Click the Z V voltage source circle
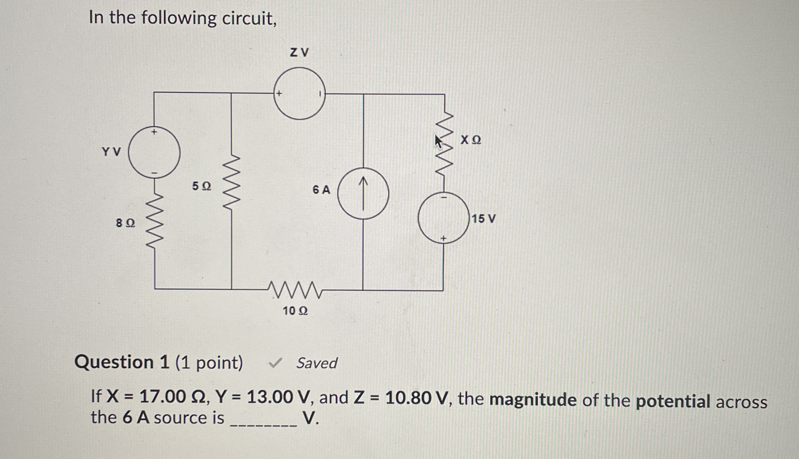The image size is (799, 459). click(x=299, y=94)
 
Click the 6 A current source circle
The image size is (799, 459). click(x=363, y=194)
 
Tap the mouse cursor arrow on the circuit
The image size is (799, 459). click(x=438, y=141)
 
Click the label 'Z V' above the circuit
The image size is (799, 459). click(x=299, y=52)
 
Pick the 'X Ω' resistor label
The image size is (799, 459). click(x=471, y=140)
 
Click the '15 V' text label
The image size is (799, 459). click(x=483, y=219)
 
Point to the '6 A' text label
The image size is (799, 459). click(x=321, y=190)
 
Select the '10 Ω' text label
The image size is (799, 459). click(x=295, y=311)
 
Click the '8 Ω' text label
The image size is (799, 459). click(x=125, y=223)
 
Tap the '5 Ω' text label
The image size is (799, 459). click(x=202, y=186)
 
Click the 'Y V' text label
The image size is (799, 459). click(x=111, y=152)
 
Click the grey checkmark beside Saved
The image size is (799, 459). click(x=275, y=364)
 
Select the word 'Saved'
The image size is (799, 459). click(x=316, y=363)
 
